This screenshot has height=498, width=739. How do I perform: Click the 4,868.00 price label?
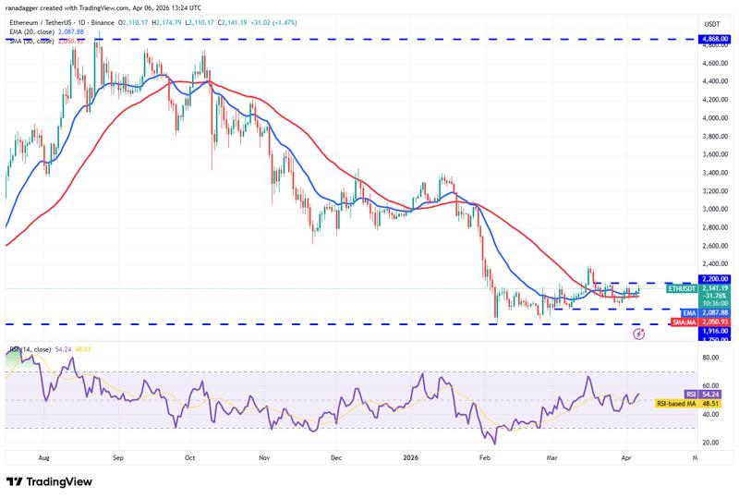tap(713, 40)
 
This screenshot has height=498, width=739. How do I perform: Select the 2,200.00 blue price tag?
tap(713, 278)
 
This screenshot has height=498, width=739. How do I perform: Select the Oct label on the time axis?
tap(188, 456)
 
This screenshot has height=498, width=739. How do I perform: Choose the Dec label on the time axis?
tap(335, 456)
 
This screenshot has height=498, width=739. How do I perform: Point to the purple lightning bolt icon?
tap(638, 334)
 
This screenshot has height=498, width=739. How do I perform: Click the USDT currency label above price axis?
tap(712, 23)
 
